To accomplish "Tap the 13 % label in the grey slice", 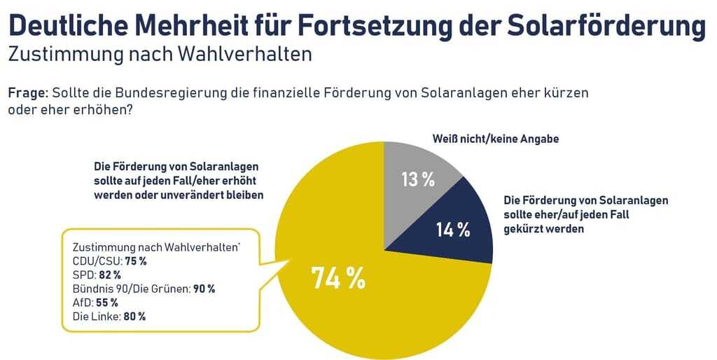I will pyautogui.click(x=418, y=179).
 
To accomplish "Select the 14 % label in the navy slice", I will pyautogui.click(x=453, y=230).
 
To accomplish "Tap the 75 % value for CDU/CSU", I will pyautogui.click(x=135, y=261).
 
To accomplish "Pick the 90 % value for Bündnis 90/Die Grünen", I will pyautogui.click(x=204, y=289).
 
